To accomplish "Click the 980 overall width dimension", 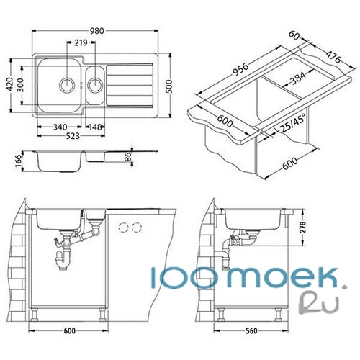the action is tap(97, 31).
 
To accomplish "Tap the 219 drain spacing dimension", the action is tap(81, 43).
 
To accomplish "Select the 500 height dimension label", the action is tap(169, 86).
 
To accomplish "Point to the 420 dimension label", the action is tap(10, 84).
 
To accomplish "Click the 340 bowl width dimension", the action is tap(60, 127).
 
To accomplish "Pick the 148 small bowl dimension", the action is tap(95, 127).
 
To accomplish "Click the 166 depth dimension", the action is tap(19, 161).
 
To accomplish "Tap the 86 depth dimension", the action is tap(128, 157).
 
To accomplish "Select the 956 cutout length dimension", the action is tap(240, 69).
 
